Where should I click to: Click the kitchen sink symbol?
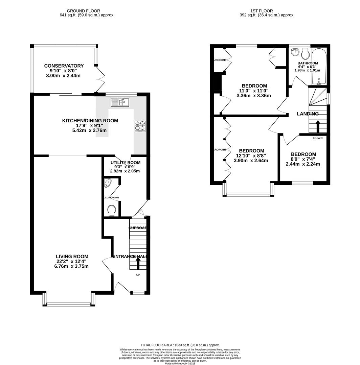[120, 102]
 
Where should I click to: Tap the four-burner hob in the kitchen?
[140, 126]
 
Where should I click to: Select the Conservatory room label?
[64, 66]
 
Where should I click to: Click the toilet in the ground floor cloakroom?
[111, 211]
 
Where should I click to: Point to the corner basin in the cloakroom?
[108, 184]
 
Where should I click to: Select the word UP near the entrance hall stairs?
[138, 275]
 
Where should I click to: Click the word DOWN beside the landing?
[318, 138]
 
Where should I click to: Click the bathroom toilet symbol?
[306, 54]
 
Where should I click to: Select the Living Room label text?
[72, 257]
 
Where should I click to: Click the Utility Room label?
[125, 163]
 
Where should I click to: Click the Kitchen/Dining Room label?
[90, 121]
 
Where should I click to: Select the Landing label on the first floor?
[308, 114]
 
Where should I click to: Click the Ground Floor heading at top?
[83, 11]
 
